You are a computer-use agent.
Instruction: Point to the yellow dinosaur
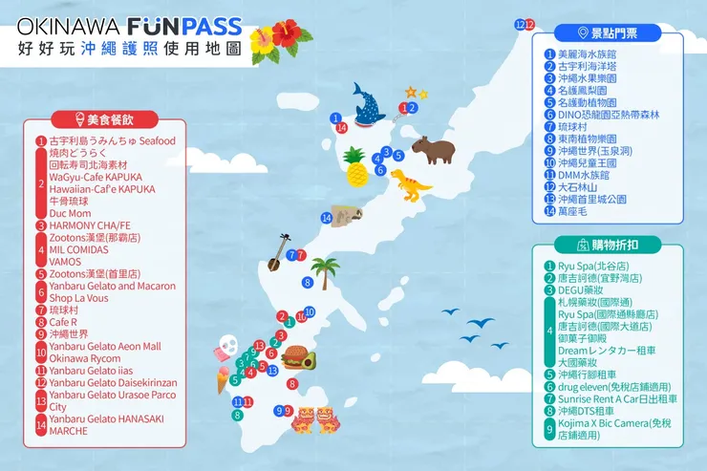[x=410, y=183]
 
